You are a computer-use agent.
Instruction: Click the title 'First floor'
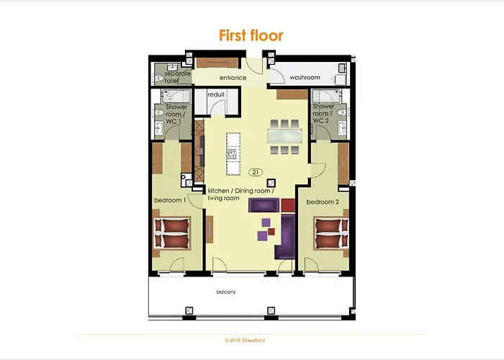251,35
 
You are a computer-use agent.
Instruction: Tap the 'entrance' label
233,78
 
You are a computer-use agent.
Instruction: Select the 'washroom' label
305,76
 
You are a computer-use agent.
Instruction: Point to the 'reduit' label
217,94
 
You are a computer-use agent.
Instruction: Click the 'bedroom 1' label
170,201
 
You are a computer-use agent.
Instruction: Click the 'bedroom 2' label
322,202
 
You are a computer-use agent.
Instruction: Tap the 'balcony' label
226,292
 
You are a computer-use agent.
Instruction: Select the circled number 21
256,172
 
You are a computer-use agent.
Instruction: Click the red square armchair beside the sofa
288,204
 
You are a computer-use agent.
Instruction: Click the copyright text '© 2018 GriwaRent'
251,340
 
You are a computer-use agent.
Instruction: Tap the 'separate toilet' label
176,78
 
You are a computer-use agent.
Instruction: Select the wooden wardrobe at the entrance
218,62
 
